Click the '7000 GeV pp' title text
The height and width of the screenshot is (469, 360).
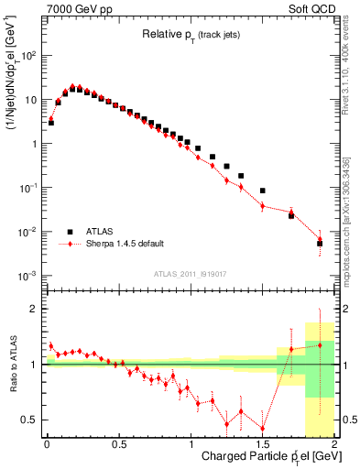point(78,7)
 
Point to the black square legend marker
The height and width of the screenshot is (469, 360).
point(70,232)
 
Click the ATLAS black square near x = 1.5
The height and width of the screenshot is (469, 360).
point(263,191)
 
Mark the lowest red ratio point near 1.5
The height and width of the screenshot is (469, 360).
point(263,428)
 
